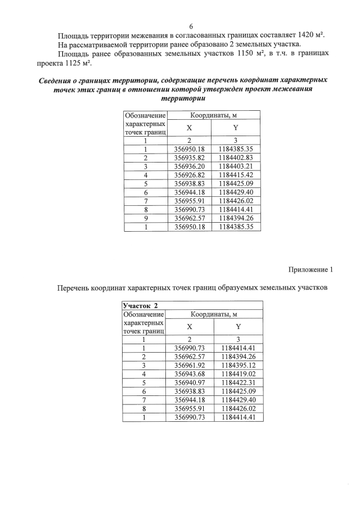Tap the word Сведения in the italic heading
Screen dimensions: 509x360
click(57, 80)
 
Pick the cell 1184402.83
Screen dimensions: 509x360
click(236, 158)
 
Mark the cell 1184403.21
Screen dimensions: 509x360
click(236, 166)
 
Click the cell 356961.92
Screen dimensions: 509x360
click(190, 365)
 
